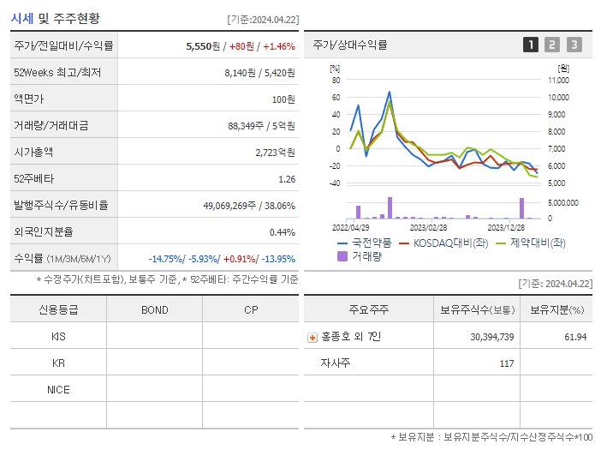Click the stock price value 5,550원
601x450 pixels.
[205, 45]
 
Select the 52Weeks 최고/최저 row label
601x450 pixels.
[57, 72]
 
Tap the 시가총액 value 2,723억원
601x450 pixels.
[275, 152]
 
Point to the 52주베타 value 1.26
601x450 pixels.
[287, 178]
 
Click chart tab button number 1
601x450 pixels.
[531, 45]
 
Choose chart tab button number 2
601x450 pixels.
[552, 45]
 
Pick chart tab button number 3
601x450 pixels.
[574, 45]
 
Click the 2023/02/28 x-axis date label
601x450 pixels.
[428, 227]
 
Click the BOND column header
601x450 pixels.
[154, 309]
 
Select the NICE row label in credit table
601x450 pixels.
[58, 389]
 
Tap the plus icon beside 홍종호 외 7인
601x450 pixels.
[312, 338]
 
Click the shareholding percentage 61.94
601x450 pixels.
[575, 337]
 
